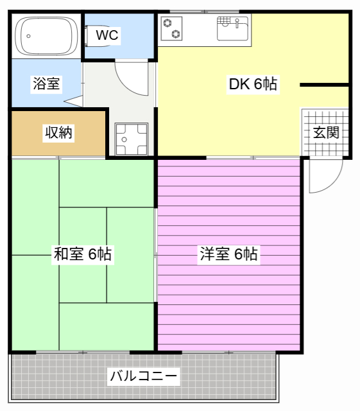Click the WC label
coord(107,35)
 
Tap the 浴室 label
coord(46,83)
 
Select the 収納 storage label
coord(58,133)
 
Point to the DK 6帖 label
coord(253,84)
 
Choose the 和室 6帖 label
coord(82,254)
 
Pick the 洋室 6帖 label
coord(229,254)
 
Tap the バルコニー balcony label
coord(143,376)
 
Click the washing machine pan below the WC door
coord(131,139)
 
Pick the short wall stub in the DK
coord(324,84)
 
